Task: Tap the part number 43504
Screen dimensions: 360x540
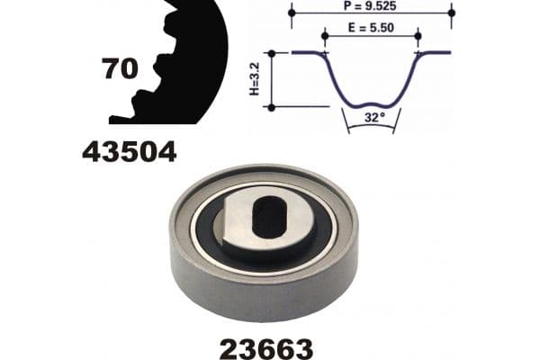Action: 129,152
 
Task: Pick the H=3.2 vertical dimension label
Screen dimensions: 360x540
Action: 256,79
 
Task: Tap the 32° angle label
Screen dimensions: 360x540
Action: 372,117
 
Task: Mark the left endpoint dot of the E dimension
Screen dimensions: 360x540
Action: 326,36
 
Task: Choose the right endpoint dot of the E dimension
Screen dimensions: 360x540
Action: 418,36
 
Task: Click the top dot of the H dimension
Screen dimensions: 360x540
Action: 271,53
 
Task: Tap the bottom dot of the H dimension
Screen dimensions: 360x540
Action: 271,107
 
